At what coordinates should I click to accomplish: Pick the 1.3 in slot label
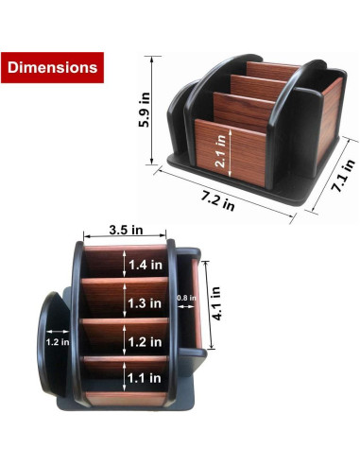point(144,303)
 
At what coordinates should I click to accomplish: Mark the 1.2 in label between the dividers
point(144,341)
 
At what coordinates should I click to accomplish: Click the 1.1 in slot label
point(144,380)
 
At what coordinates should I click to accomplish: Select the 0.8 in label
point(186,300)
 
